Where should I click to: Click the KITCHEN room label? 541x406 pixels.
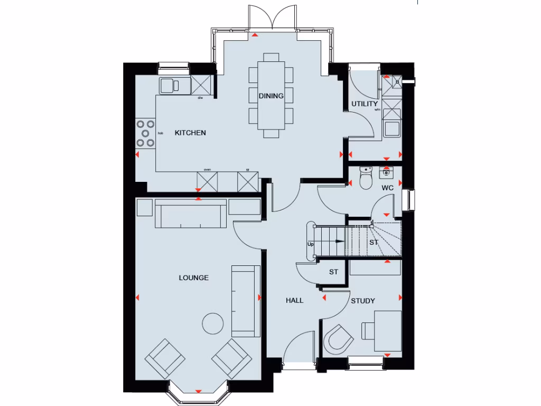[x=190, y=133]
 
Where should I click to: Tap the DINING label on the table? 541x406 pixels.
[x=271, y=96]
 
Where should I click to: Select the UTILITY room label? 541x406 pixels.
[x=365, y=104]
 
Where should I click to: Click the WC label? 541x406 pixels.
[x=387, y=187]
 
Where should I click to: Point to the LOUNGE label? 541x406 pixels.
[x=193, y=278]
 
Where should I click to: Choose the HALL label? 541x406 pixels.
[x=294, y=300]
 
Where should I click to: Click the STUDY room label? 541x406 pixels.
[x=363, y=301]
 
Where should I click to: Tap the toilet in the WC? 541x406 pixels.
[x=366, y=179]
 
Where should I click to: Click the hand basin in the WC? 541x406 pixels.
[x=387, y=171]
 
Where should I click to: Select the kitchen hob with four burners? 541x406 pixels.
[x=145, y=133]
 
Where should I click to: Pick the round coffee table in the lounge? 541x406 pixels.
[x=213, y=323]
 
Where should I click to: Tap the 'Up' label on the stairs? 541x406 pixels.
[x=310, y=244]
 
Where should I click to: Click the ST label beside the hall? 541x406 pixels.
[x=333, y=272]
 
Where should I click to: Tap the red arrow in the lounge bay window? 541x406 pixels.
[x=198, y=391]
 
